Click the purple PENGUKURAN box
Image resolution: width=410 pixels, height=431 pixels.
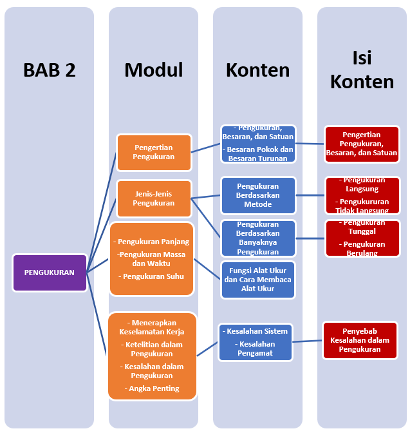pos(50,273)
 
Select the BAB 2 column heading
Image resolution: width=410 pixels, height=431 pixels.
pos(50,70)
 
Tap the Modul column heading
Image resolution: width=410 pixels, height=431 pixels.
pos(154,70)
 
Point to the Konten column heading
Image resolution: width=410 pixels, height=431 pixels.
pos(257,70)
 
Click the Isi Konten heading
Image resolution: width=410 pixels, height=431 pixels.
pos(362,70)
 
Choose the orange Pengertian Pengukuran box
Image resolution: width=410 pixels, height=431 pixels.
pos(154,152)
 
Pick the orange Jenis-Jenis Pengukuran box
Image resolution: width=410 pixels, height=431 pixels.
pos(154,198)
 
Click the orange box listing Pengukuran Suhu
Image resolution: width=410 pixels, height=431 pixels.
pos(151,259)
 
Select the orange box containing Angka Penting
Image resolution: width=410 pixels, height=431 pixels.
pos(152,356)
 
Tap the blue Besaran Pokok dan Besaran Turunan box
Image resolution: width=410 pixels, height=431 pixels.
pos(257,143)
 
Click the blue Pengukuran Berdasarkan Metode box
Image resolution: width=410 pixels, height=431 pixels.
pos(257,195)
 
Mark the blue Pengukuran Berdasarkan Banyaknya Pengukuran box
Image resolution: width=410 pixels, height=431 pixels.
pos(257,238)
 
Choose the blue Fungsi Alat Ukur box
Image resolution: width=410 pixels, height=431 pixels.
pos(257,280)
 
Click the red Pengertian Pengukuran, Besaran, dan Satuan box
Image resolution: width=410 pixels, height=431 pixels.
pos(362,144)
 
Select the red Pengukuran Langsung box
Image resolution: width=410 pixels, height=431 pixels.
pos(362,195)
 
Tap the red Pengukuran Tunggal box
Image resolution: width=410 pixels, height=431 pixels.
pos(362,238)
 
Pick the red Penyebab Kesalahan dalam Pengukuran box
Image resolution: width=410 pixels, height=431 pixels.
pos(360,340)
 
